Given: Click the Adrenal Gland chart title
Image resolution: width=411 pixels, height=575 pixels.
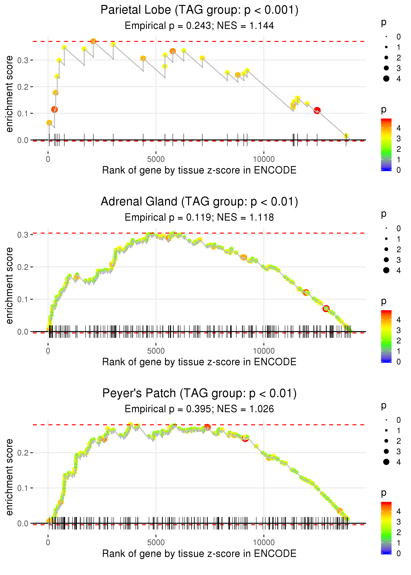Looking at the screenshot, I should tap(199, 202).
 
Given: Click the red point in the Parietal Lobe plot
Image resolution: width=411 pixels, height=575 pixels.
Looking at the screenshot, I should tap(317, 111).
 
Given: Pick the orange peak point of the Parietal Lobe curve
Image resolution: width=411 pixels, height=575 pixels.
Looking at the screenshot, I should tap(93, 41).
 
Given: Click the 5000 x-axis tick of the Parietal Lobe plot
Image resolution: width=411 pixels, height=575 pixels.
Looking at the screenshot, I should tap(156, 159).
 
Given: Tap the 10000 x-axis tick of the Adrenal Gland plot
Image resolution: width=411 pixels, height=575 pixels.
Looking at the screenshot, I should tap(264, 351).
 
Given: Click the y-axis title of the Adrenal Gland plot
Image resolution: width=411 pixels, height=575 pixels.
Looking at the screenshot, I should tap(9, 286).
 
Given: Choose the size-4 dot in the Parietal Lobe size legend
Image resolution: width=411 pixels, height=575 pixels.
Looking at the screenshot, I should tap(386, 79).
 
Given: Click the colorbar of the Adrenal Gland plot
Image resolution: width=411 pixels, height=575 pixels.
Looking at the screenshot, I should tap(386, 336).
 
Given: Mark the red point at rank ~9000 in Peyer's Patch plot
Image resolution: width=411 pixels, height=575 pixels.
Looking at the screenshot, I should tap(245, 438).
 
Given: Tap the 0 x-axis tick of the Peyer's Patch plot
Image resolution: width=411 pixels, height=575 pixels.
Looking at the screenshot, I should tap(48, 543).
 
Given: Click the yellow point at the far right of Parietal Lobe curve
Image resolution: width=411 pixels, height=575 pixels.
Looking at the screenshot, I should tap(346, 136).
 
